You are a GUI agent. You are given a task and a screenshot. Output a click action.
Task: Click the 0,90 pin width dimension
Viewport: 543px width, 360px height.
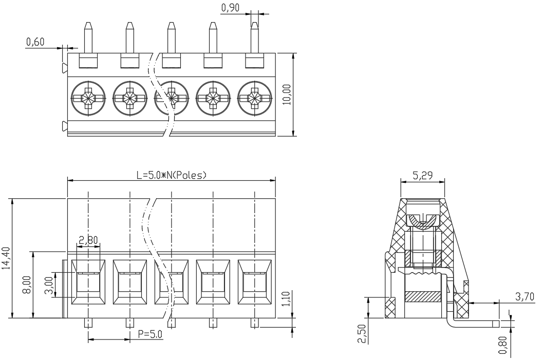(230, 7)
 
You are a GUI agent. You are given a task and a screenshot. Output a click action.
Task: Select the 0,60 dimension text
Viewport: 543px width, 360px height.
(35, 42)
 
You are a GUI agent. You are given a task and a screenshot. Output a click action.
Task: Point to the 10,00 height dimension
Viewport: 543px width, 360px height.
(288, 94)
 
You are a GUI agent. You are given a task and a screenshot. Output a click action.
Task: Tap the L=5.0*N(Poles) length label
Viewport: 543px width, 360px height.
(172, 175)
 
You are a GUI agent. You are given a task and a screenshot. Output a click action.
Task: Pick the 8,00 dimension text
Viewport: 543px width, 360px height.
(27, 285)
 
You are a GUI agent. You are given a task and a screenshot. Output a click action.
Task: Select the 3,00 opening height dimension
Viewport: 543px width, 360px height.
(49, 285)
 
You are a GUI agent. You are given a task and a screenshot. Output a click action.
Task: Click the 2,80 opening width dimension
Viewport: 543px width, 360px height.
(88, 240)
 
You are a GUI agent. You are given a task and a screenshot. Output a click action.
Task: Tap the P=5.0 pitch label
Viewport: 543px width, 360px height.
(150, 334)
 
